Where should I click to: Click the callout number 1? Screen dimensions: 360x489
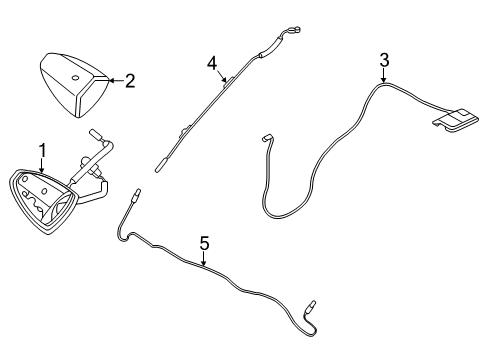(42, 151)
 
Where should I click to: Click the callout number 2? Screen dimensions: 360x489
(130, 80)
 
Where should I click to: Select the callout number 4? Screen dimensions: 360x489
(212, 64)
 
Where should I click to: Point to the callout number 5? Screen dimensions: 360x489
(204, 243)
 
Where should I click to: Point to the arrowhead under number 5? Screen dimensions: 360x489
(204, 265)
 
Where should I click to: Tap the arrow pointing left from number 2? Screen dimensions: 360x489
(111, 80)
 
